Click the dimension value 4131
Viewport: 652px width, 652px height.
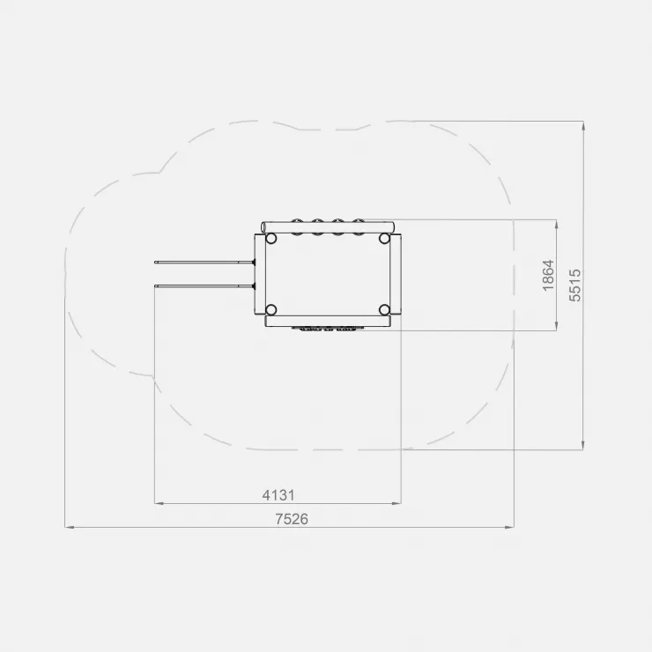tap(278, 495)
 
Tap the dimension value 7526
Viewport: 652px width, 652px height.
tap(292, 519)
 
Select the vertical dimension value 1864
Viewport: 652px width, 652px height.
tap(548, 275)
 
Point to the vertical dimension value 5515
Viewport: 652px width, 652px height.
tap(574, 285)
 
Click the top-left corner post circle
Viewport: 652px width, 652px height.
tap(270, 239)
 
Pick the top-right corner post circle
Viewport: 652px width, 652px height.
tap(384, 239)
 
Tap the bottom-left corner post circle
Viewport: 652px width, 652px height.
tap(270, 310)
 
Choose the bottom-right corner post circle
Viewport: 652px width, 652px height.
tap(384, 310)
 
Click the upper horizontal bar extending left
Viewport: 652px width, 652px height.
tap(204, 262)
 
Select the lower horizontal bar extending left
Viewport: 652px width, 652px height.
tap(204, 285)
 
